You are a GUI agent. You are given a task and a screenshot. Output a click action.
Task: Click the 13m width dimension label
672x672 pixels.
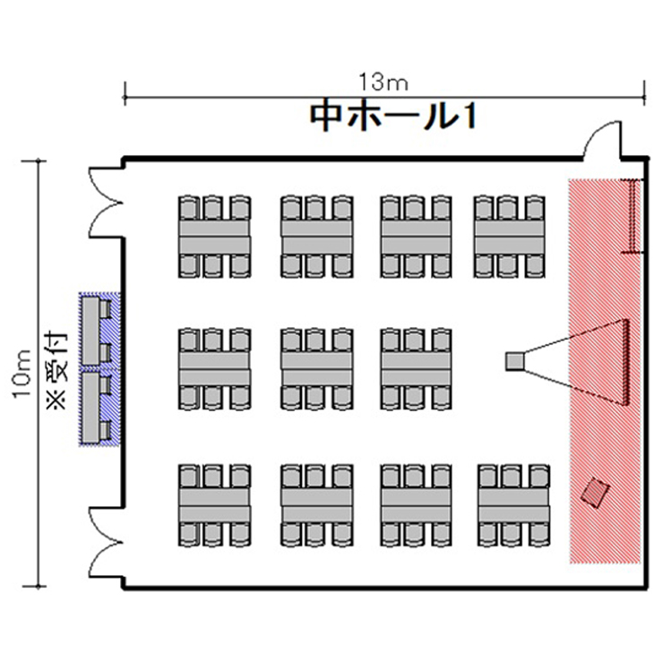[383, 82]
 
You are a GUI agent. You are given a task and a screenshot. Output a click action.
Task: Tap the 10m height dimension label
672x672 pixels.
[22, 374]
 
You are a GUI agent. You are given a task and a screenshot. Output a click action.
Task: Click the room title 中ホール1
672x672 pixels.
[393, 116]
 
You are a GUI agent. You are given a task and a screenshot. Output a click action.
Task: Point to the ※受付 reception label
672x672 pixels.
[58, 369]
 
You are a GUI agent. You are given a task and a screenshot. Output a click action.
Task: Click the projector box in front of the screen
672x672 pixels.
[514, 361]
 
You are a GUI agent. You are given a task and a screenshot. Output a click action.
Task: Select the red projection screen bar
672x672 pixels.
[625, 362]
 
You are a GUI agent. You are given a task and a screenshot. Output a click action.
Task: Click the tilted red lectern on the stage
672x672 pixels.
[595, 492]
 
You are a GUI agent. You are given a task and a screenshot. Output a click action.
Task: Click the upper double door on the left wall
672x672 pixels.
[106, 202]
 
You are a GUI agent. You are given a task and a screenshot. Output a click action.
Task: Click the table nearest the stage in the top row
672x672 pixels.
[509, 237]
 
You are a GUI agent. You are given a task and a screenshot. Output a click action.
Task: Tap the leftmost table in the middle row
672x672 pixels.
[214, 368]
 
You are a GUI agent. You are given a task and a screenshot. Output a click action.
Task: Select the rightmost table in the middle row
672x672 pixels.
[416, 368]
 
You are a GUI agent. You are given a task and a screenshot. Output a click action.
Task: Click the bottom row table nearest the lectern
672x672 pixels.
[514, 505]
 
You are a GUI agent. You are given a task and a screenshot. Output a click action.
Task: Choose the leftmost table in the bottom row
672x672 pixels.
[214, 505]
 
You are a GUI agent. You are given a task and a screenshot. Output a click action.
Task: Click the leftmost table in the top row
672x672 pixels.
[214, 237]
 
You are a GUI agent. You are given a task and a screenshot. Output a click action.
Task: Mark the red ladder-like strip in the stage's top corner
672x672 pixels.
[633, 216]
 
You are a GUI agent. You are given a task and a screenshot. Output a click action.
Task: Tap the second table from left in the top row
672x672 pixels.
[317, 237]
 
